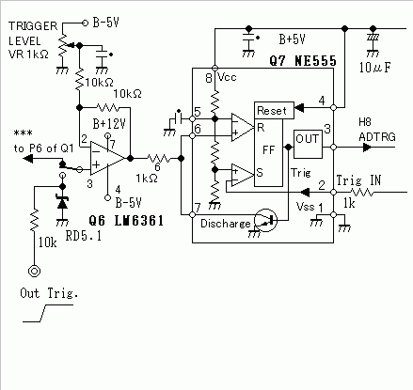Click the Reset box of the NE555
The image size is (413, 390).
click(274, 110)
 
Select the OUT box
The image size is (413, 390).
click(308, 144)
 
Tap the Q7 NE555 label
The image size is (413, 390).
click(303, 61)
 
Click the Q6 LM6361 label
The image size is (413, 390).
click(126, 221)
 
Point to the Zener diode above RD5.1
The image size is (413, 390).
click(62, 202)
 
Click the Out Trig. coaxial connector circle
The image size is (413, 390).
click(34, 271)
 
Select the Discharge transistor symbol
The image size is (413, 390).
click(265, 220)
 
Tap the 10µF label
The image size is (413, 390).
click(375, 68)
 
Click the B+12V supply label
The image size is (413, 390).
click(109, 124)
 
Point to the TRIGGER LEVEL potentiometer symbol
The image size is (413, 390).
click(63, 45)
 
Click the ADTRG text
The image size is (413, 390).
click(377, 137)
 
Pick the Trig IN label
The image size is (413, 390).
click(358, 180)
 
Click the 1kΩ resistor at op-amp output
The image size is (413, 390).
click(159, 159)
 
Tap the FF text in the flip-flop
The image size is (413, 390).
click(268, 150)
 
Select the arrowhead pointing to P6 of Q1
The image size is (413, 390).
click(28, 159)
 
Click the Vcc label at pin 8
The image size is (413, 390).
click(227, 77)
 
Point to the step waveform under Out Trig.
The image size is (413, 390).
click(48, 313)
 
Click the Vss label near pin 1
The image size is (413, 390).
click(305, 207)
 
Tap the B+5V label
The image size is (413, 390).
click(292, 39)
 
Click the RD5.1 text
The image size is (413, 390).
click(84, 236)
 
